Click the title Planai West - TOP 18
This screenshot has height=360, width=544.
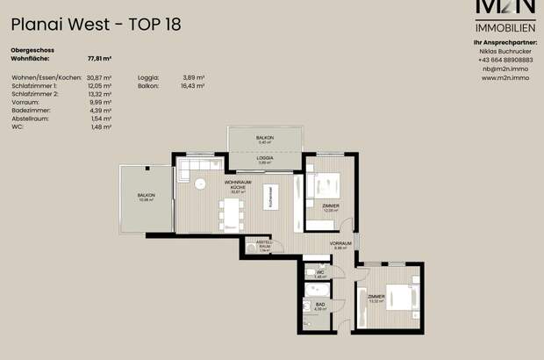96,24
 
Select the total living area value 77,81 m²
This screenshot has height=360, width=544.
100,58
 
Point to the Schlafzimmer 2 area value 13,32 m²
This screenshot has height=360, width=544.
100,94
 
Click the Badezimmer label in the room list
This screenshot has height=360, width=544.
32,111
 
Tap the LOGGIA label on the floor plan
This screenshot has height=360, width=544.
264,159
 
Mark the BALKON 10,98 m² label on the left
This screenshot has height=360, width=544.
146,197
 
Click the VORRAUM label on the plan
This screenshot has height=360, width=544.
340,245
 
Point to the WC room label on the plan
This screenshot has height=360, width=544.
321,274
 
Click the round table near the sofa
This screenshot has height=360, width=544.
199,184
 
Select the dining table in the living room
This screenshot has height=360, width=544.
230,213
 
